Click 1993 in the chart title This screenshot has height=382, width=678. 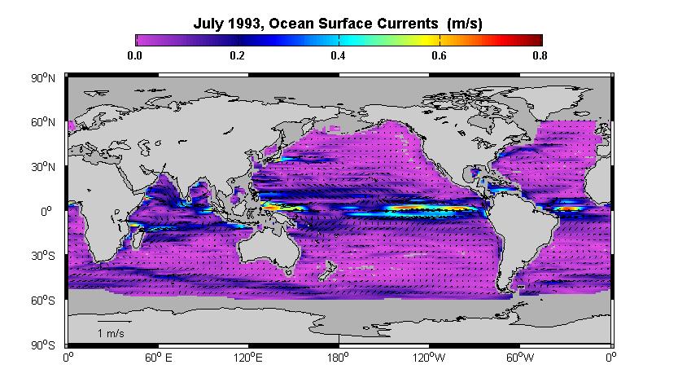(241, 24)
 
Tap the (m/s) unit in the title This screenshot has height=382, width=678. (465, 24)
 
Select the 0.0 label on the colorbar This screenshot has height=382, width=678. (135, 55)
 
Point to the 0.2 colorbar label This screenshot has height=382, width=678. (237, 55)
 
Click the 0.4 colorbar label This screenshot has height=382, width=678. (338, 55)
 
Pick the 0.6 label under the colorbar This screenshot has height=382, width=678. (439, 55)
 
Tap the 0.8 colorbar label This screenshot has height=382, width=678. (540, 55)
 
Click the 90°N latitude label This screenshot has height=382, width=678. (43, 79)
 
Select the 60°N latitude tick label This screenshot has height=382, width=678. (43, 122)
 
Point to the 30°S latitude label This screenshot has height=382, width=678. (43, 256)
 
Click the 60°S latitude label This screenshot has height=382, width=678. (43, 301)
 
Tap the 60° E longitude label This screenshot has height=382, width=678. (158, 358)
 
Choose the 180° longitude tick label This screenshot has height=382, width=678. (338, 358)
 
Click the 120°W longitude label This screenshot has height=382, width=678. (428, 358)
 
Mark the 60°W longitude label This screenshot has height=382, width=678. (520, 358)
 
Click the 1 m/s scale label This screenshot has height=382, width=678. (111, 334)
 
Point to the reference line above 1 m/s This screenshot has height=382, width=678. (114, 322)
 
